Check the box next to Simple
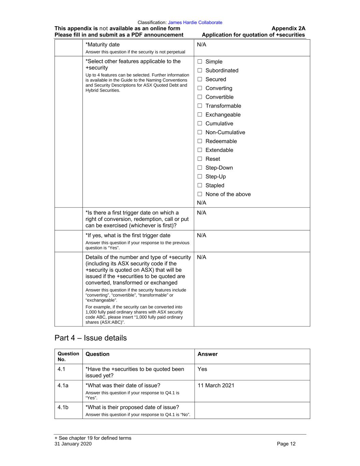200,61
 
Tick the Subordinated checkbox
200,70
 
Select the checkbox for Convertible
200,97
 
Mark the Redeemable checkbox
200,141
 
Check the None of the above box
200,194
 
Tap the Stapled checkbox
200,185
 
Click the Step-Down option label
219,168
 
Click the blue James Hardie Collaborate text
195,23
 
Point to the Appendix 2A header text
288,28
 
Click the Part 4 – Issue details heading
90,338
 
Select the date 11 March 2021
216,385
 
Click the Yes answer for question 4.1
202,369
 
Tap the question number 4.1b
63,407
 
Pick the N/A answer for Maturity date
202,44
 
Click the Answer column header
207,354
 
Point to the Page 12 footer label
286,444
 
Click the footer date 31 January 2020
73,444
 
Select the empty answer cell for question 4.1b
252,410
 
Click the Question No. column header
68,356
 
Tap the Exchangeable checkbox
200,115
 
